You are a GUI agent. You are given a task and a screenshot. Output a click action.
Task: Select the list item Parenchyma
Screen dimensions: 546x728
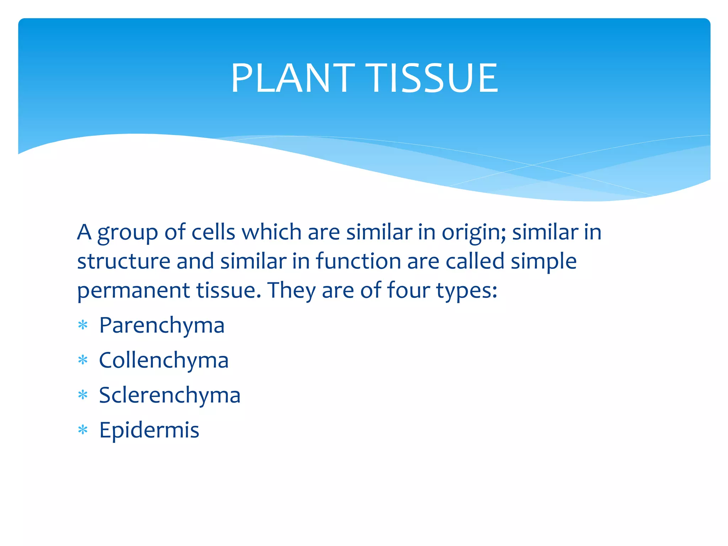tap(162, 325)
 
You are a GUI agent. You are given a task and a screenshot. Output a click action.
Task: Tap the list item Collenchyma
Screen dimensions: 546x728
tap(164, 360)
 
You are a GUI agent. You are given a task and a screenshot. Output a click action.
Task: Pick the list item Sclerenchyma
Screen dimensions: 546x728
tap(170, 395)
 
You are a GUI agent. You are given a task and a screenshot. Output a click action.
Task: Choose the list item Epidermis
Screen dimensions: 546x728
tap(149, 430)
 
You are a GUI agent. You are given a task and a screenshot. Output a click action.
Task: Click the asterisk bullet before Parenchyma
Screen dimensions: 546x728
tap(83, 325)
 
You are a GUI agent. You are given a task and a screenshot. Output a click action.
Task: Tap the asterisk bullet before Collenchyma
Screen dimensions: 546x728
tap(83, 360)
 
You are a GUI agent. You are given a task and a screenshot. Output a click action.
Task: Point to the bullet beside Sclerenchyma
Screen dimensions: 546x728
tap(83, 395)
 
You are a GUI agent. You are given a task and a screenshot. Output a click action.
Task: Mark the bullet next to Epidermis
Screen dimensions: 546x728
tap(83, 430)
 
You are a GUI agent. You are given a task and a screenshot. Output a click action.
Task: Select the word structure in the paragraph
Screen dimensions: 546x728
tap(124, 261)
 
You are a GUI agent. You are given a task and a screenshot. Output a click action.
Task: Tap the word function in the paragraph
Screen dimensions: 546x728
tap(358, 261)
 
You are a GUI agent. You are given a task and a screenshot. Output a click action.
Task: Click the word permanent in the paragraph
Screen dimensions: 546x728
tap(133, 291)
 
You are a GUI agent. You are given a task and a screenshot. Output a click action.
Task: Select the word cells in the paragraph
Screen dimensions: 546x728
tap(213, 232)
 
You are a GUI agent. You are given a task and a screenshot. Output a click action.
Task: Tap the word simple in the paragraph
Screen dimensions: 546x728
tap(544, 262)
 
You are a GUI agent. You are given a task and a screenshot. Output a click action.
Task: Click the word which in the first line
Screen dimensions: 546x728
tap(272, 232)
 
